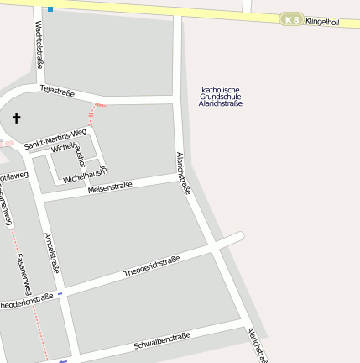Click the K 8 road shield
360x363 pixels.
[291, 19]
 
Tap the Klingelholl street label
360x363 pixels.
[321, 20]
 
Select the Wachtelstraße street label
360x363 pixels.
[39, 45]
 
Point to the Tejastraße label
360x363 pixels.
[57, 92]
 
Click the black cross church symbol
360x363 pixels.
[16, 119]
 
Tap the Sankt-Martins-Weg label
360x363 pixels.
[55, 139]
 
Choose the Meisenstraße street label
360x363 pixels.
[110, 187]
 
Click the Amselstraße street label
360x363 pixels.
[52, 253]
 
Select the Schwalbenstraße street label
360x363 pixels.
[162, 341]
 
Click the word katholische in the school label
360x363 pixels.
[221, 90]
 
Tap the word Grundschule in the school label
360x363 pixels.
[221, 97]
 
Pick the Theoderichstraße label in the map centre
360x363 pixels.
[152, 266]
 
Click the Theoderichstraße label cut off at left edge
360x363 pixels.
[27, 299]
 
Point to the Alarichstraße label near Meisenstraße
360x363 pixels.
[184, 173]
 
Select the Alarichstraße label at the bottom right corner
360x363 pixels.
[257, 345]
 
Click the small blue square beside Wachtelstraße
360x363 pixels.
[50, 9]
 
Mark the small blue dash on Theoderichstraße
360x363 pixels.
[60, 294]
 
